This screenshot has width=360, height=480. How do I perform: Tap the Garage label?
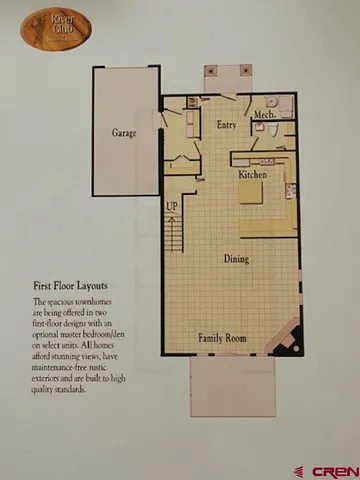pos(124,132)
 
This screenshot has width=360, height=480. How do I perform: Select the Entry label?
pos(226,125)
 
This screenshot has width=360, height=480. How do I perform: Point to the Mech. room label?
pos(263,115)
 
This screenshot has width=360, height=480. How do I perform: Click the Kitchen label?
pos(252,175)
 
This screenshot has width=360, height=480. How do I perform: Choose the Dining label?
pos(236,260)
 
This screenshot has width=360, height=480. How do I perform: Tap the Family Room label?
pos(223,338)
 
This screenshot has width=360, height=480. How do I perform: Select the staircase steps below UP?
pos(174,235)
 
